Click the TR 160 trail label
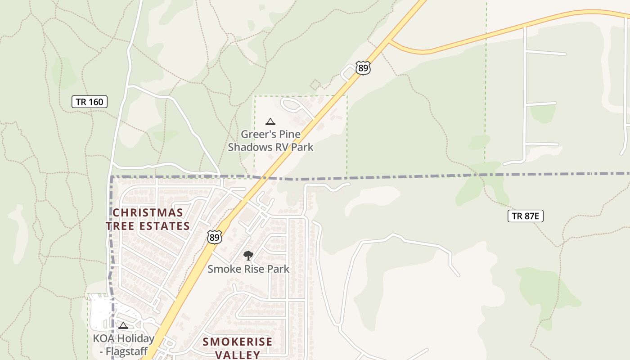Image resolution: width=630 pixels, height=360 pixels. click(90, 102)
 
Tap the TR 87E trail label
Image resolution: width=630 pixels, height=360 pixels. click(525, 216)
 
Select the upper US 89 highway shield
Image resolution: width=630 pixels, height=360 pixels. click(363, 68)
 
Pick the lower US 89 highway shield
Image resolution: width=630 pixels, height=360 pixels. click(215, 237)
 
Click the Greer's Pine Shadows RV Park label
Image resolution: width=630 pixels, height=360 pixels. click(270, 140)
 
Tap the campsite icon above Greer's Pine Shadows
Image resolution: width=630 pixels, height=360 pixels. click(270, 121)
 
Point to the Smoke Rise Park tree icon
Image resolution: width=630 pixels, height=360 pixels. click(248, 256)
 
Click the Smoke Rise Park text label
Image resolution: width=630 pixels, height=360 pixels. click(248, 269)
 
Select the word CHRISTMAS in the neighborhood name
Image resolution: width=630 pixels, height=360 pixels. click(148, 212)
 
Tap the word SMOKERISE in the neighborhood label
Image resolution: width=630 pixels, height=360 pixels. click(237, 342)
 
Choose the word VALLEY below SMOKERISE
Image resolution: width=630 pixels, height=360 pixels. click(237, 355)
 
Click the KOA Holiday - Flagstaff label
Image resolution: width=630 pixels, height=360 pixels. click(124, 344)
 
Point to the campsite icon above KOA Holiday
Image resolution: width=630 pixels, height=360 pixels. click(123, 325)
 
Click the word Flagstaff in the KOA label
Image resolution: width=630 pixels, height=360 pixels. click(126, 351)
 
